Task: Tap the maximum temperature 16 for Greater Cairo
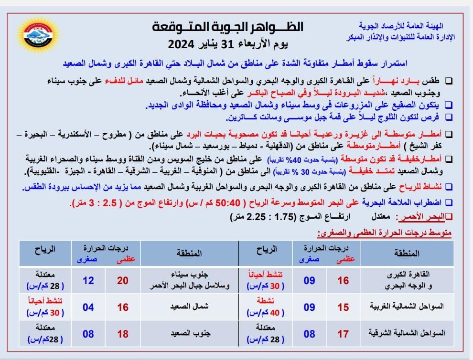343,280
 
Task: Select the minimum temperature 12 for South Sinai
88,280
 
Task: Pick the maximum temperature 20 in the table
123,280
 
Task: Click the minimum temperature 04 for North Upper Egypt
88,307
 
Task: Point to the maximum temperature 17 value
343,334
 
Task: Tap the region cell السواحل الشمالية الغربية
408,307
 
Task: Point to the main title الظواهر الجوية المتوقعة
228,27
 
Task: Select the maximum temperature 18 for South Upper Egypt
123,334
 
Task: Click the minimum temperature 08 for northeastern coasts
310,334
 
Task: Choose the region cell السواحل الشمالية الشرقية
408,333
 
